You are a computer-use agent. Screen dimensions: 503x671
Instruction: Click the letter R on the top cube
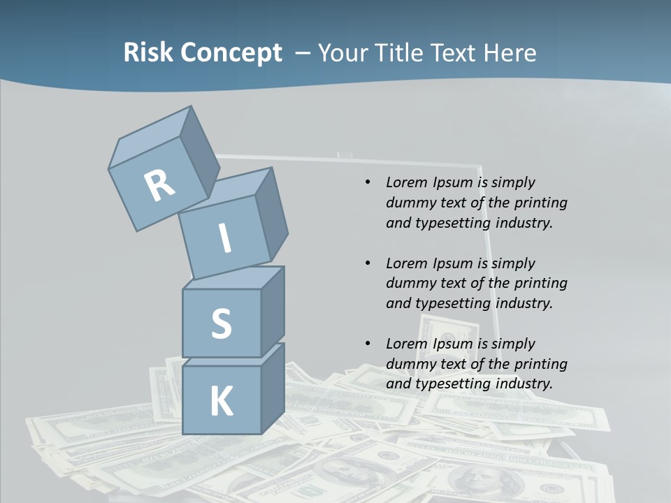159,185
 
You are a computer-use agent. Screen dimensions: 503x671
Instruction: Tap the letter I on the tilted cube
225,239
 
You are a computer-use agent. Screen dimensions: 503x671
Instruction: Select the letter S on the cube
221,323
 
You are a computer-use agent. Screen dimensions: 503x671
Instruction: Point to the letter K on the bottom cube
221,401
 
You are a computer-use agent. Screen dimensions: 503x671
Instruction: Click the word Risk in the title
148,53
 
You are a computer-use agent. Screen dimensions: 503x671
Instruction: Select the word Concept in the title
231,53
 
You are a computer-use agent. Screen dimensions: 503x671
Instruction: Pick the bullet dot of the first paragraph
368,183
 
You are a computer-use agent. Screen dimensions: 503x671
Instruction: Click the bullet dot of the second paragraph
368,263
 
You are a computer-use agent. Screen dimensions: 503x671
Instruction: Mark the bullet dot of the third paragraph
368,344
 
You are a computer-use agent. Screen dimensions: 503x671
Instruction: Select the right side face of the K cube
273,388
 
